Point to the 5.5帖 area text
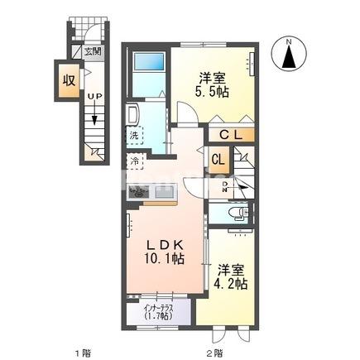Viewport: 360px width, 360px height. point(213,94)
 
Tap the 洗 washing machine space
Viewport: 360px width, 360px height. point(135,133)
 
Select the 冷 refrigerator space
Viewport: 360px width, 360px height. point(134,161)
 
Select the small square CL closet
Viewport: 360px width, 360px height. point(218,159)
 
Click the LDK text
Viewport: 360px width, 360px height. point(164,244)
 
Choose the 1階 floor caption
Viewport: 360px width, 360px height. point(82,353)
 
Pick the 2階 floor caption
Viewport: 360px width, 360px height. point(213,353)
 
